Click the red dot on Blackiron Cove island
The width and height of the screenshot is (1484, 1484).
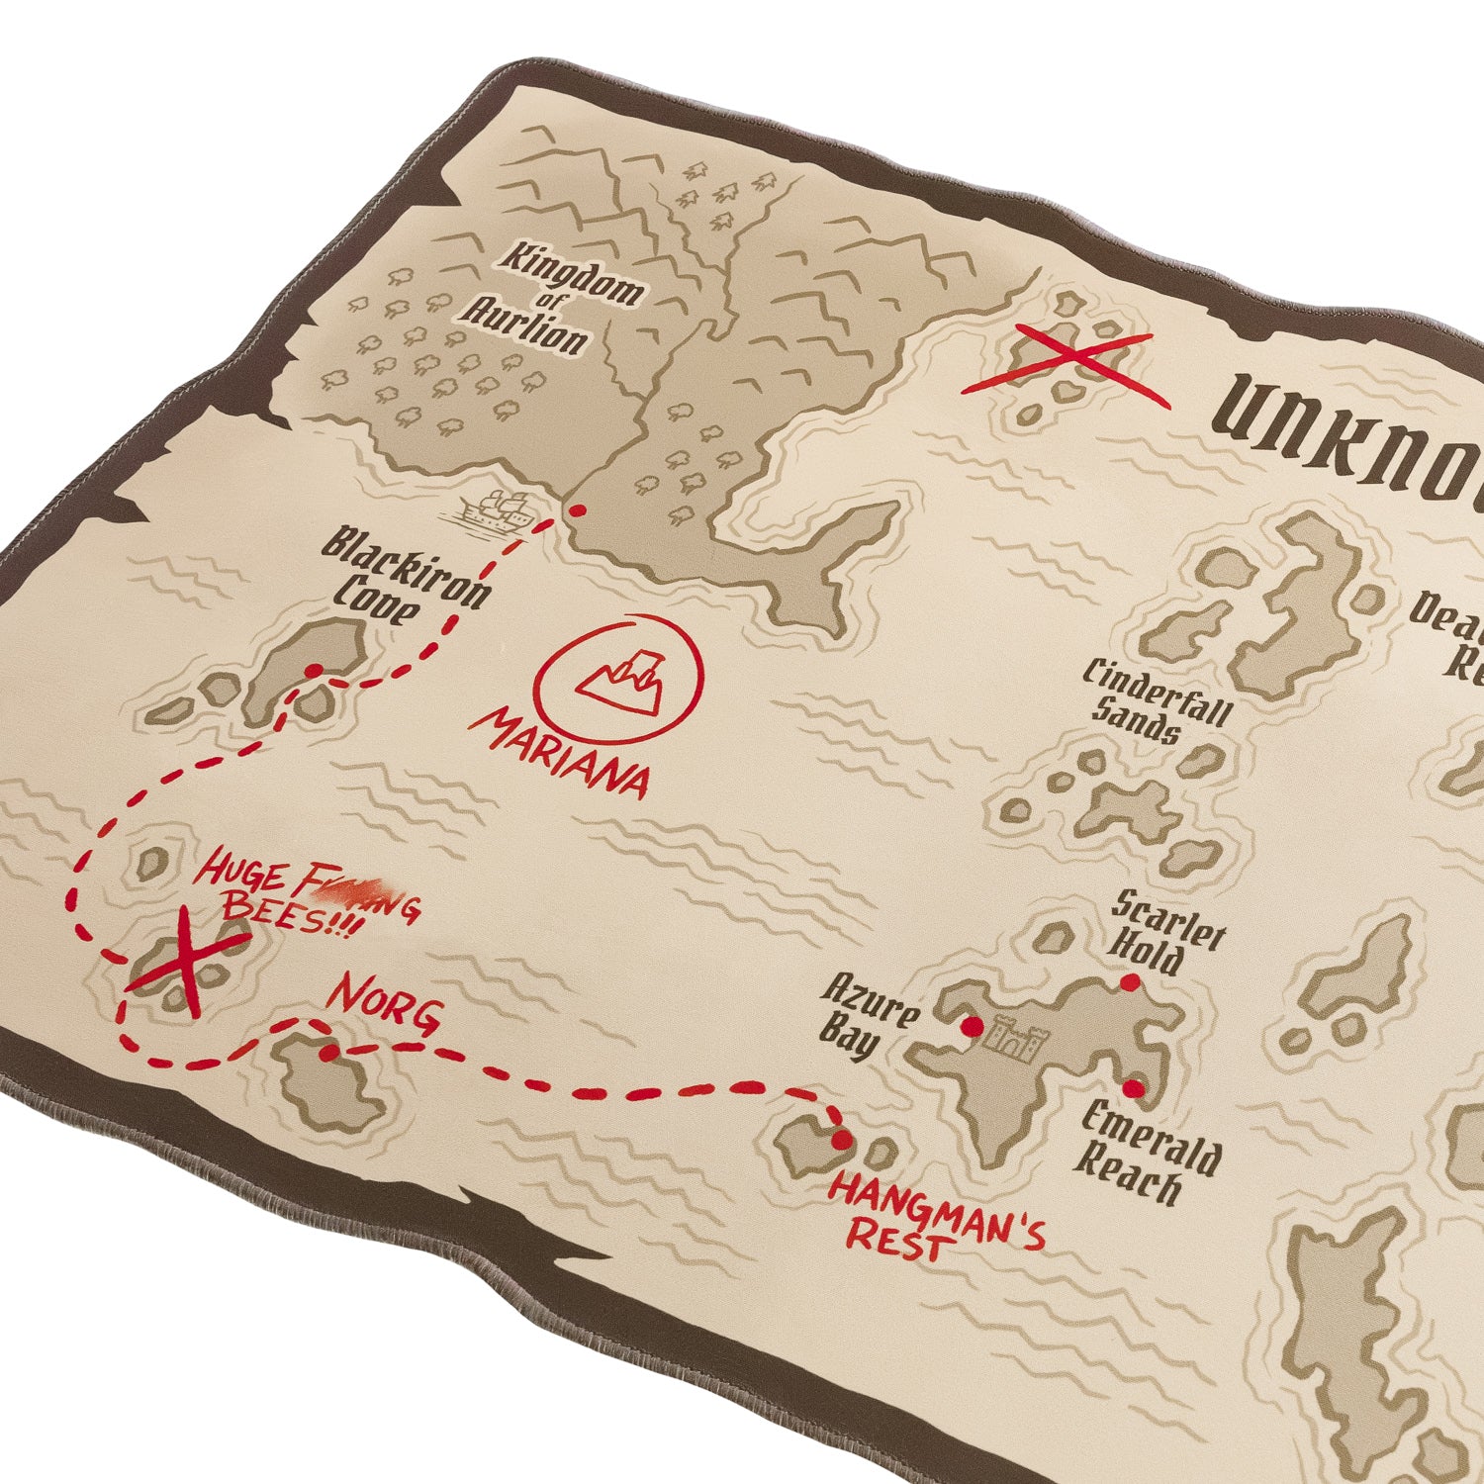coord(313,671)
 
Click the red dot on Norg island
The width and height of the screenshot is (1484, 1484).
coord(328,1053)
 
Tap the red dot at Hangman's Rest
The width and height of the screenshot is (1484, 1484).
coord(841,1141)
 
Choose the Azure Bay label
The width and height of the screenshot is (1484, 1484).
coord(867,1019)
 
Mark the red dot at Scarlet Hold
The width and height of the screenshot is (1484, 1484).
coord(1129,982)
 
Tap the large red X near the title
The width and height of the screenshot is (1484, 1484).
coord(1067,366)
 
